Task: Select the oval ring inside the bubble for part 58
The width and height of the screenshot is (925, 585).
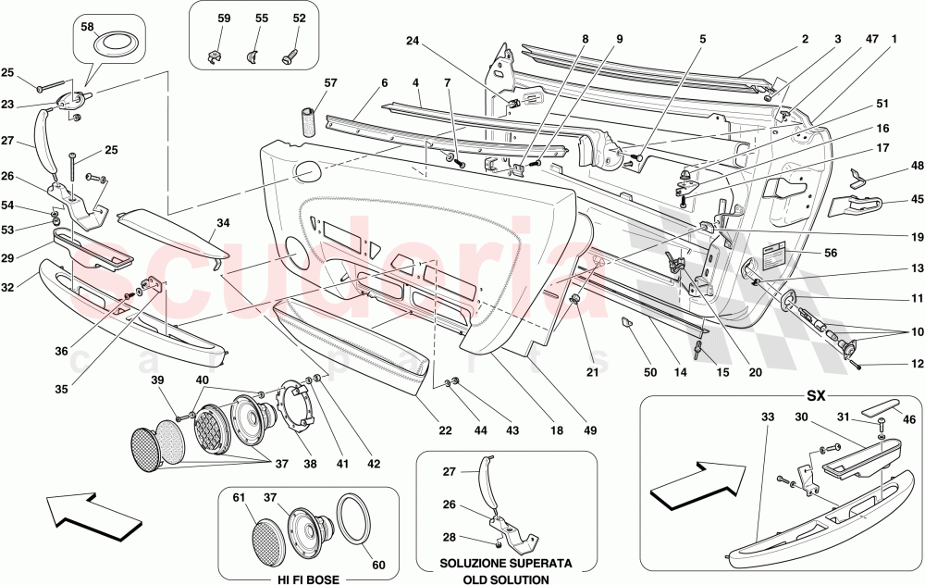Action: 114,42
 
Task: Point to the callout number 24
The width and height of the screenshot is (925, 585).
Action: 412,41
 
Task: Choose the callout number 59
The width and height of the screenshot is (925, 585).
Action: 223,18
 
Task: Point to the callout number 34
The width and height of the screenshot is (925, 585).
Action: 223,221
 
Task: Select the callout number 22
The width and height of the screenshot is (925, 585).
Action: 445,431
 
